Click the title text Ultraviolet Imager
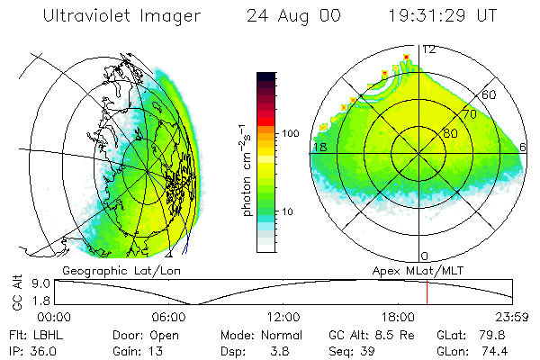tap(121, 16)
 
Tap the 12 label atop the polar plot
tap(430, 50)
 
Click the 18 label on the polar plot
tap(319, 147)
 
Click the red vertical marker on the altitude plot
tap(427, 292)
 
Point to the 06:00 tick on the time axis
tap(170, 317)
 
